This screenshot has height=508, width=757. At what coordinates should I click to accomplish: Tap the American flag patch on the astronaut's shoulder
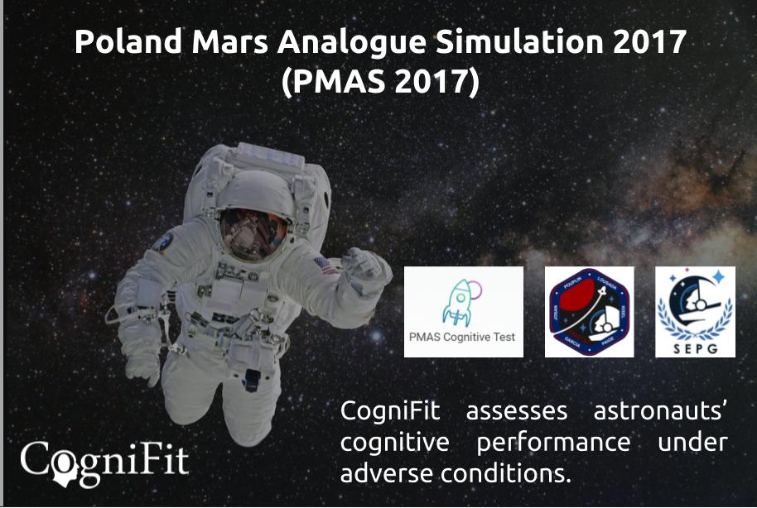click(325, 266)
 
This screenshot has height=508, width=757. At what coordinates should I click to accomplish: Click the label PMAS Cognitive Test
click(463, 338)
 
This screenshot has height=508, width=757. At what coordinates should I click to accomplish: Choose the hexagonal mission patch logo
click(591, 312)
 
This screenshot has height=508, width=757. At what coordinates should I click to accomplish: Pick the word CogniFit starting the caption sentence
click(390, 410)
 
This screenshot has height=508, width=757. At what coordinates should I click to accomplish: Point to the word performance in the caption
click(553, 443)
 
